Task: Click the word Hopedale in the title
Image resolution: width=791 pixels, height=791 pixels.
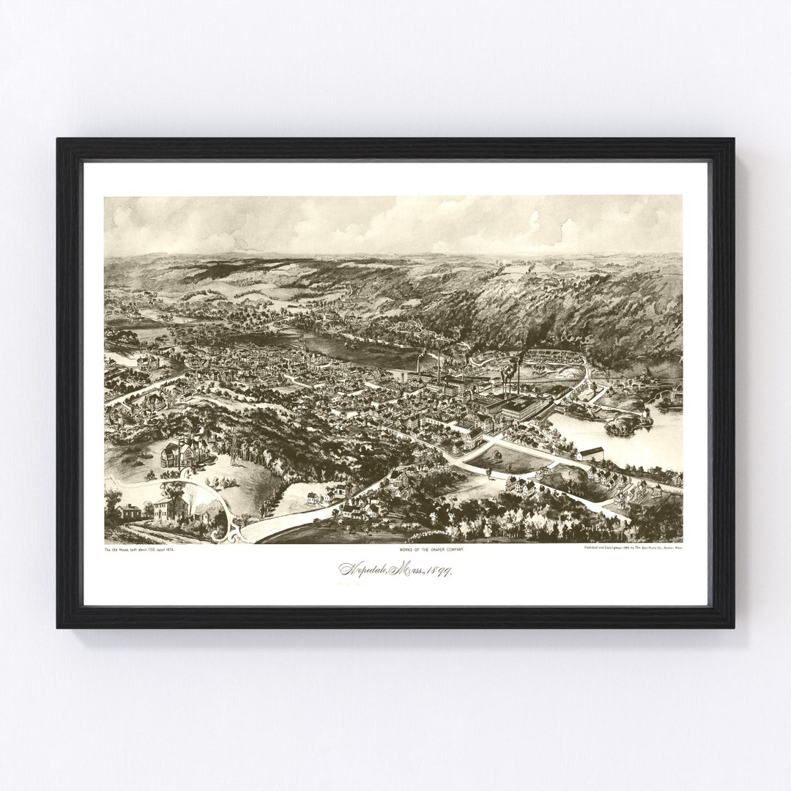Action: pyautogui.click(x=365, y=569)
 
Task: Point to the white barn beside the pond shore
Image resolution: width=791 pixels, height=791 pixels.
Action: pyautogui.click(x=590, y=453)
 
